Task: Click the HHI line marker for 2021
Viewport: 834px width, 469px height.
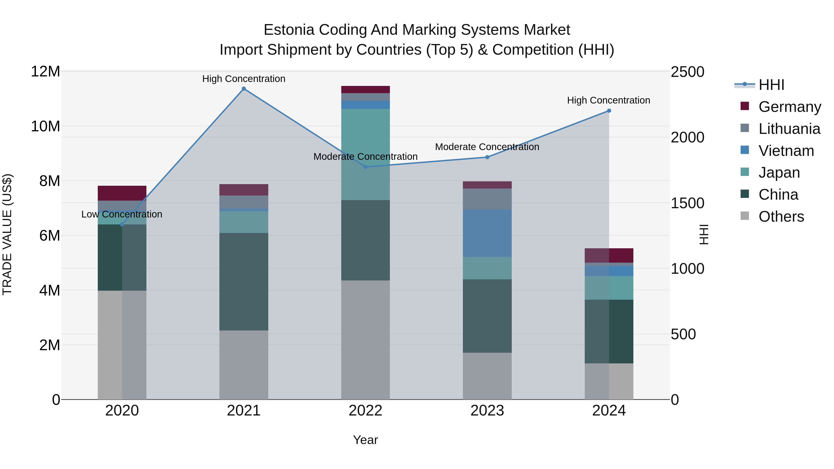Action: pyautogui.click(x=244, y=89)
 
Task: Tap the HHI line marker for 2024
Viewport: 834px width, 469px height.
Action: pyautogui.click(x=609, y=111)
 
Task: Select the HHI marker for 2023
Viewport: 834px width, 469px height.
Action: pyautogui.click(x=487, y=157)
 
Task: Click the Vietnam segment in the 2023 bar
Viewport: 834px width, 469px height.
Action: pyautogui.click(x=487, y=233)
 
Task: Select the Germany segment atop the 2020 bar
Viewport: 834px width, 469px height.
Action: pyautogui.click(x=122, y=193)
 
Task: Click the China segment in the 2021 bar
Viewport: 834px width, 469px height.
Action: pyautogui.click(x=244, y=282)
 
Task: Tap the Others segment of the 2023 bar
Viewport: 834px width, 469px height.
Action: pyautogui.click(x=487, y=376)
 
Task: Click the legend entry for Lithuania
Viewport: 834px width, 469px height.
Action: pyautogui.click(x=789, y=129)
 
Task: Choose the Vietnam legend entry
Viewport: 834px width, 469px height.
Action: pyautogui.click(x=786, y=151)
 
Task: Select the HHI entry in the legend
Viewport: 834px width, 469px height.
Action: pyautogui.click(x=771, y=85)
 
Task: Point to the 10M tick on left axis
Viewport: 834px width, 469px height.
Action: pyautogui.click(x=45, y=126)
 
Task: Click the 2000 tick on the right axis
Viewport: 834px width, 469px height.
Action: pyautogui.click(x=687, y=138)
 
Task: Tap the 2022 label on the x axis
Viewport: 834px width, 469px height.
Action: pyautogui.click(x=366, y=411)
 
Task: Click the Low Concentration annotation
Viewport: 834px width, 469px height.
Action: pyautogui.click(x=122, y=214)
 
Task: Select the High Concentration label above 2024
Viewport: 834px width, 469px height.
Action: pyautogui.click(x=609, y=100)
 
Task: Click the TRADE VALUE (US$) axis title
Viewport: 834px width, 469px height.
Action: pyautogui.click(x=7, y=234)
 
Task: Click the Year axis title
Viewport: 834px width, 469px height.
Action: pyautogui.click(x=366, y=440)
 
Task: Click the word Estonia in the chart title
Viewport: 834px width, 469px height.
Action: pyautogui.click(x=289, y=30)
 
